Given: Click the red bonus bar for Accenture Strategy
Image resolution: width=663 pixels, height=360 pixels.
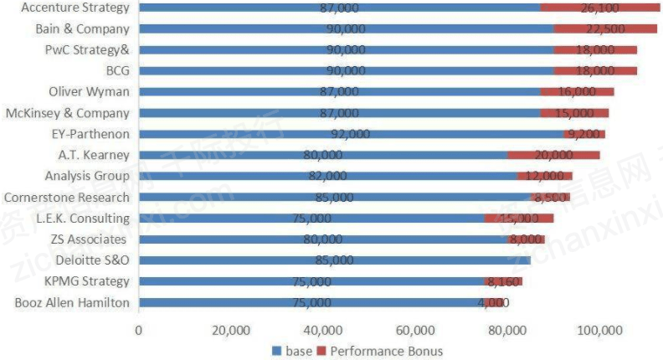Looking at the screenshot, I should coord(599,8).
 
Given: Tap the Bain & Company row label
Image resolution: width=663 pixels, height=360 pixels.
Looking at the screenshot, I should coord(82,28).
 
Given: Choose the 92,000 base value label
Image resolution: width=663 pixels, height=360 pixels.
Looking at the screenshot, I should coord(350,134).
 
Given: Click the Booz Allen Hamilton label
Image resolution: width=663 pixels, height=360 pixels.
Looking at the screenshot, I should coord(72,302).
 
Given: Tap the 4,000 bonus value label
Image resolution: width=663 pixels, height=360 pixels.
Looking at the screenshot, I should coord(494,302).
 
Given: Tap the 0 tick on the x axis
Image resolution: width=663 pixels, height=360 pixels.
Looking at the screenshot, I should coord(139,329).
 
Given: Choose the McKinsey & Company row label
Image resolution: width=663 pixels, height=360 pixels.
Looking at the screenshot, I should coord(68,113).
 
